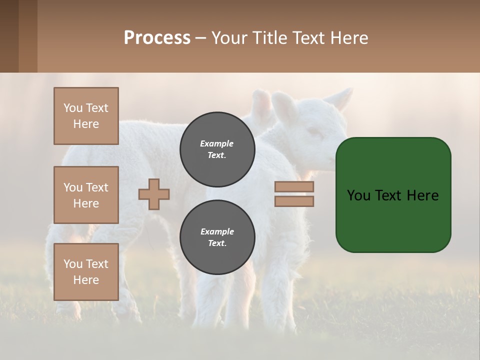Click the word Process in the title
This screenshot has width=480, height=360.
coord(157,38)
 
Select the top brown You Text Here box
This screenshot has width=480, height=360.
coord(86,116)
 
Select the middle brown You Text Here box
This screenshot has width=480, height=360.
coord(86,195)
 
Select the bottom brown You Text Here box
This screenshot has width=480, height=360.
coord(86,272)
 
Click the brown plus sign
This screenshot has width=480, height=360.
coord(154,194)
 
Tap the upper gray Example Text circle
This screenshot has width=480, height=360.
coord(217,149)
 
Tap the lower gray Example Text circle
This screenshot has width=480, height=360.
coord(217,237)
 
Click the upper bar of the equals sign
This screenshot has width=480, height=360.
coord(294,187)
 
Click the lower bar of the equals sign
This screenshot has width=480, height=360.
coord(294,201)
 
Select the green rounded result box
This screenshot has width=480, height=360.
coord(393,195)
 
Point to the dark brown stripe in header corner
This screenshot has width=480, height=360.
coord(9,36)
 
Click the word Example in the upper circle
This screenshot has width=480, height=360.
coord(217,143)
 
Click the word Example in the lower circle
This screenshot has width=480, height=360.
coord(217,231)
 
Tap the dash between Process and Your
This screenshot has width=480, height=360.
coord(200,38)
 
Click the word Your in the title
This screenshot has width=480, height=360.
coord(228,38)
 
